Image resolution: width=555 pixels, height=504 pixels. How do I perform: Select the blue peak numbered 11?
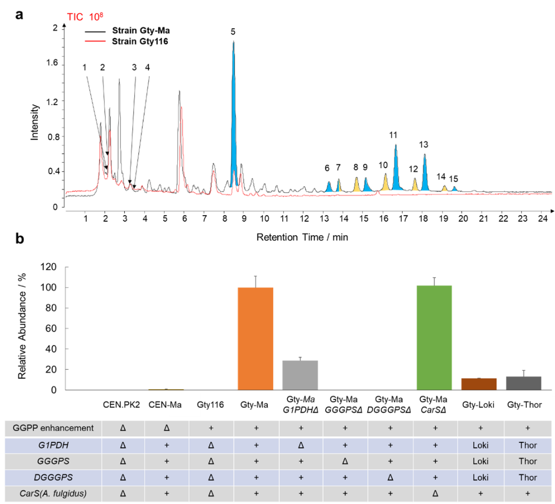coord(396,170)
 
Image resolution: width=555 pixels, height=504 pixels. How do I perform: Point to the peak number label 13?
coord(424,145)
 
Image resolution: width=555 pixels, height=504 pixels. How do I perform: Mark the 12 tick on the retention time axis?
coord(304,219)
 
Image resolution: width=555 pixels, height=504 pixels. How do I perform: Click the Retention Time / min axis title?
coord(302,237)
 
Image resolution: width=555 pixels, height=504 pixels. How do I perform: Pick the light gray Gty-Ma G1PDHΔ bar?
coord(300,375)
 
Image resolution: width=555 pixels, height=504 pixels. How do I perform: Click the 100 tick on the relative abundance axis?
coord(51,288)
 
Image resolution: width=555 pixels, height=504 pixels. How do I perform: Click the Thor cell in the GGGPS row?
coord(524,461)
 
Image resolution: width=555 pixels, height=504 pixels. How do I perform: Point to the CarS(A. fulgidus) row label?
coord(51,494)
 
